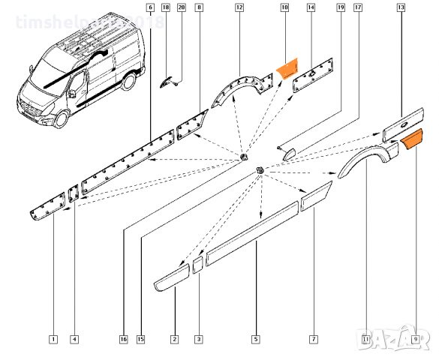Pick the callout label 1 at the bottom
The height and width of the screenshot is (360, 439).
point(53,340)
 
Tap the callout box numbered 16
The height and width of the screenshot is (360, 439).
point(123,340)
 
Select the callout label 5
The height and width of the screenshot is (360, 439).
point(256,340)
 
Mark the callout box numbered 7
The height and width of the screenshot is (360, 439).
point(314,340)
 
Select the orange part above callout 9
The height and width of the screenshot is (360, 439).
point(414,139)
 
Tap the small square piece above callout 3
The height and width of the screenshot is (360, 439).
point(198,264)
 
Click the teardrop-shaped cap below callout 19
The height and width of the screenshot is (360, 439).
point(287,151)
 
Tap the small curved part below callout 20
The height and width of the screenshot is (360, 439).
point(169,81)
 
